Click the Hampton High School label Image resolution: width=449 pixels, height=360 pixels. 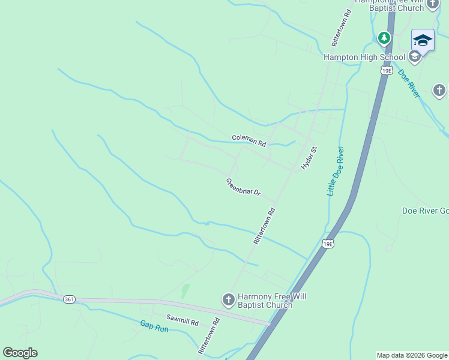point(364,58)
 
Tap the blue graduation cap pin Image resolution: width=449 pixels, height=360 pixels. point(423,41)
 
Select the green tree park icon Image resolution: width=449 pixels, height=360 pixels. point(384,38)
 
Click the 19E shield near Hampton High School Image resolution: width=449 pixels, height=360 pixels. point(387,71)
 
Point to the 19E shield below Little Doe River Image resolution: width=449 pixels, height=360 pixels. point(327,244)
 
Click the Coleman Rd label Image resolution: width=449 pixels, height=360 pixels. point(249,141)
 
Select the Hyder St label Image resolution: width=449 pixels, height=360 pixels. point(309,157)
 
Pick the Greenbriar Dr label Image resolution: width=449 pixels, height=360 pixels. point(244,187)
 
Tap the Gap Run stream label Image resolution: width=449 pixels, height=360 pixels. point(154,326)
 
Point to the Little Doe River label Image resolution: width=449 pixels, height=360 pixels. point(334,171)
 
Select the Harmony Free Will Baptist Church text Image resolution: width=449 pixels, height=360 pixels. point(265,301)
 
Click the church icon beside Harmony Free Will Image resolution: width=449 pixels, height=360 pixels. point(228,299)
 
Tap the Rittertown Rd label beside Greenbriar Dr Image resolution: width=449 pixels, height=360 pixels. point(264,226)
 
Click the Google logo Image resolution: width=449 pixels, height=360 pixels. point(20,353)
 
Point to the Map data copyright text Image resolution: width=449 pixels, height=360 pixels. point(412,355)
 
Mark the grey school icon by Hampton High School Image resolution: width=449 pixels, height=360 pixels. point(414,58)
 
